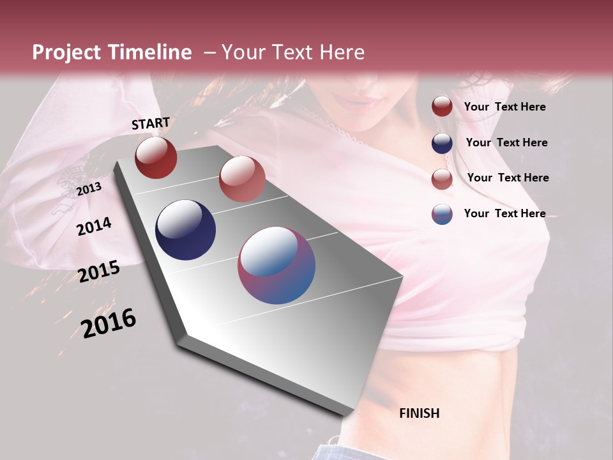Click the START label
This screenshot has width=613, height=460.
pyautogui.click(x=151, y=123)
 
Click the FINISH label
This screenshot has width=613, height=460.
pyautogui.click(x=419, y=413)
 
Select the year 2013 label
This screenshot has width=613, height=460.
pyautogui.click(x=89, y=189)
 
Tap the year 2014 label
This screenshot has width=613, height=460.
pyautogui.click(x=94, y=226)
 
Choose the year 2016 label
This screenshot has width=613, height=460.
pyautogui.click(x=109, y=323)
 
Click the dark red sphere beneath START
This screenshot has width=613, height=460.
pyautogui.click(x=156, y=157)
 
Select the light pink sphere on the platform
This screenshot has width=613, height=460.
pyautogui.click(x=242, y=179)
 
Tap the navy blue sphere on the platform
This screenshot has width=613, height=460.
pyautogui.click(x=186, y=230)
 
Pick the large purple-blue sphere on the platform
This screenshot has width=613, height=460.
pyautogui.click(x=276, y=265)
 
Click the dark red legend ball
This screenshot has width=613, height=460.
pyautogui.click(x=442, y=107)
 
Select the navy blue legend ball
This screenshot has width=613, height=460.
pyautogui.click(x=442, y=143)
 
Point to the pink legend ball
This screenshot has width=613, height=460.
pyautogui.click(x=442, y=179)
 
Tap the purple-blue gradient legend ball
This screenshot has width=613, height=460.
pyautogui.click(x=442, y=214)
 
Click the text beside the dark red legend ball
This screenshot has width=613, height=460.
pyautogui.click(x=504, y=107)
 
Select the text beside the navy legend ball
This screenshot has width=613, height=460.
pyautogui.click(x=506, y=142)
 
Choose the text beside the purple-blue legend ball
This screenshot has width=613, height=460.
pyautogui.click(x=504, y=213)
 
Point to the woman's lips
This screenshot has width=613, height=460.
pyautogui.click(x=359, y=101)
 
